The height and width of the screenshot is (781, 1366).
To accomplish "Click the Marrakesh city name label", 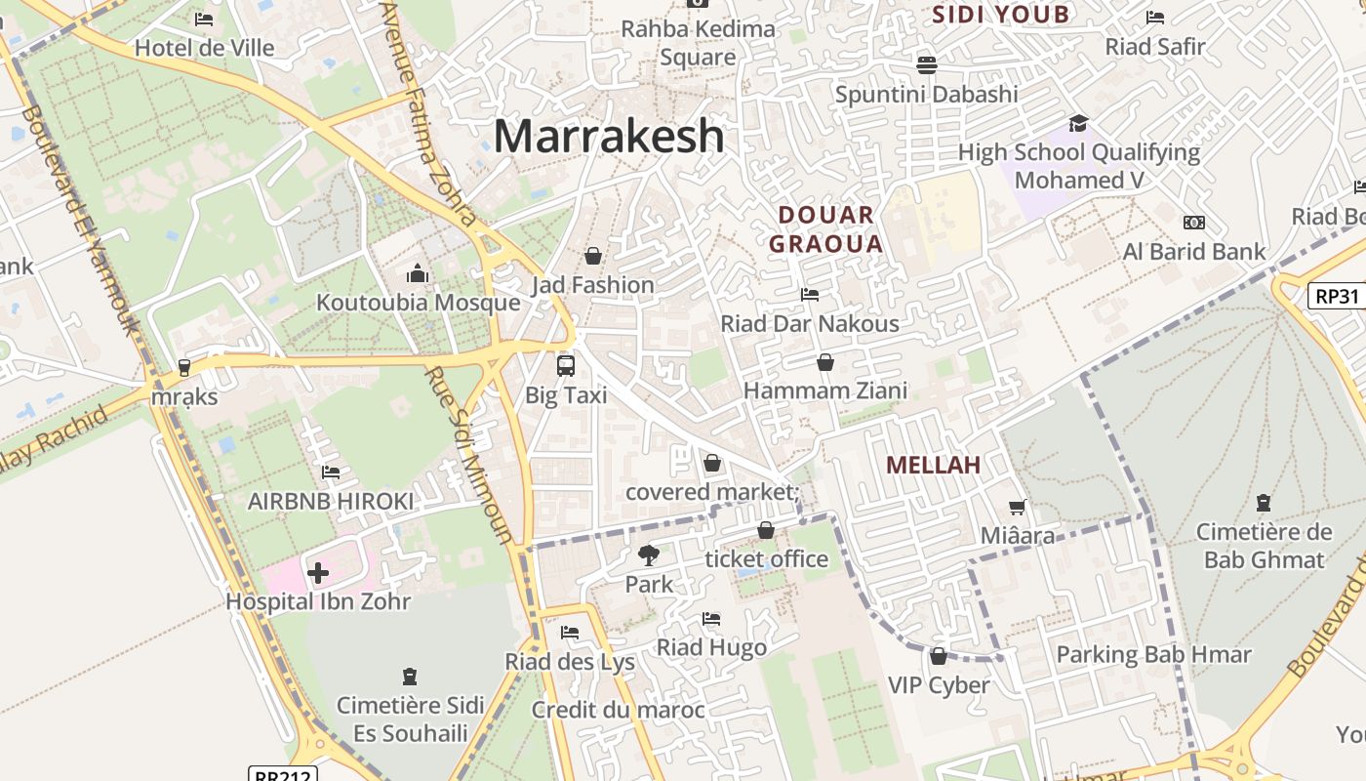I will click(x=609, y=136).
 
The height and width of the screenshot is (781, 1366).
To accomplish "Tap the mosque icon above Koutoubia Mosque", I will click(x=418, y=272).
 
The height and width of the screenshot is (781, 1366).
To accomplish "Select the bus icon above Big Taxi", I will click(x=566, y=366).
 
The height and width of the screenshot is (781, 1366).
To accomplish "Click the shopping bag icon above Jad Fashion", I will click(x=593, y=256).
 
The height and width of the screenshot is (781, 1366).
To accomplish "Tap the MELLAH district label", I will click(x=933, y=465).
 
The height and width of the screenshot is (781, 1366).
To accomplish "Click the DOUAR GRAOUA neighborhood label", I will click(x=825, y=229).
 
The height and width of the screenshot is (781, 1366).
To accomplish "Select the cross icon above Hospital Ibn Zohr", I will click(x=318, y=572).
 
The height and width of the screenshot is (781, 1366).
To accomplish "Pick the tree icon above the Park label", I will click(x=649, y=555).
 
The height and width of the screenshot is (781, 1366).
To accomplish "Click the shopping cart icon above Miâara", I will click(x=1018, y=507).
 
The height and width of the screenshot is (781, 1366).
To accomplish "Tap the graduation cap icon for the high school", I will click(x=1078, y=123).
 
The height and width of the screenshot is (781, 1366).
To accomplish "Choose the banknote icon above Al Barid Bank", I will click(x=1194, y=223).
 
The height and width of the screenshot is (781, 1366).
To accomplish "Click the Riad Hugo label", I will click(x=711, y=647).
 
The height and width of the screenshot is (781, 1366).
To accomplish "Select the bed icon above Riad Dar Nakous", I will click(x=809, y=294).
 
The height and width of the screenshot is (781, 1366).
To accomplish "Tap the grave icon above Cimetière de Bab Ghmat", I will click(x=1264, y=504).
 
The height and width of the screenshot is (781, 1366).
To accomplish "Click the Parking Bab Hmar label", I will click(x=1153, y=654).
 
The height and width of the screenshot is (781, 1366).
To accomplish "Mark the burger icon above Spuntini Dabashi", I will click(x=926, y=64).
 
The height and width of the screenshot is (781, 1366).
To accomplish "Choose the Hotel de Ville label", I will click(x=204, y=48).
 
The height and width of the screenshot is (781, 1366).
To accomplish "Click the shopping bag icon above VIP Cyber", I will click(x=939, y=656).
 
